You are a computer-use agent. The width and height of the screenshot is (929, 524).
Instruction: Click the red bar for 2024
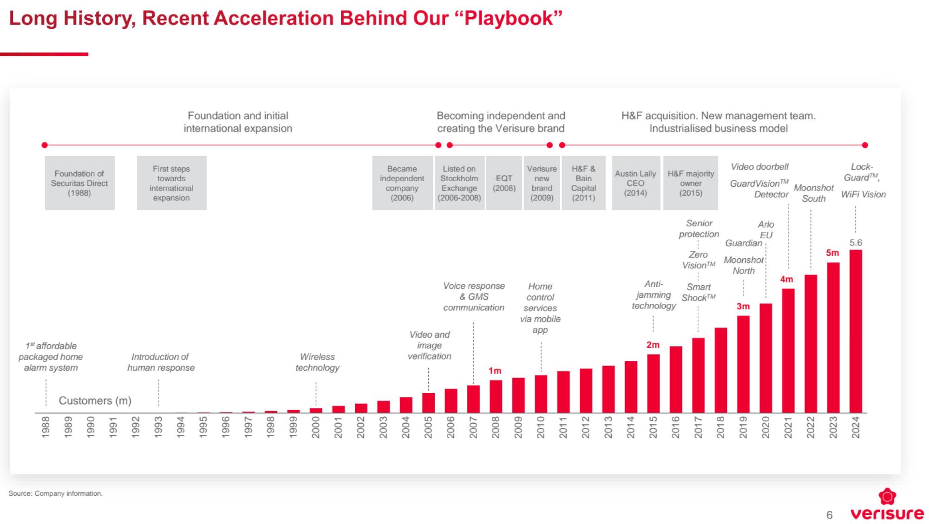pos(856,331)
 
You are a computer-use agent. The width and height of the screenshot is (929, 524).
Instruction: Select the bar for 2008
pos(496,396)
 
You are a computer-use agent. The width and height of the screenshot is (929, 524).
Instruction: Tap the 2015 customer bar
pos(653,383)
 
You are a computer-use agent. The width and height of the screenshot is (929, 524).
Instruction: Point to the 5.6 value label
pos(856,242)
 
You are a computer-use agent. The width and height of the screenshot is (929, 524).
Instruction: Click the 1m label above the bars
pos(495,371)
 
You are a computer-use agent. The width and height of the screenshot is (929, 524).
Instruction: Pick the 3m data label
pos(743,306)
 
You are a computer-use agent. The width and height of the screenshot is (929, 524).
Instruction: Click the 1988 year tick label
pos(46,426)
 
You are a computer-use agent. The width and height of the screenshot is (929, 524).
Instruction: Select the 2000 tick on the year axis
pos(316,426)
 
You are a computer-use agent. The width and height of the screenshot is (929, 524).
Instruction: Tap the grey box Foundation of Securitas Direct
pos(80,183)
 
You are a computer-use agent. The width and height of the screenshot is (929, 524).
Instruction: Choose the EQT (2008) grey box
pos(504,183)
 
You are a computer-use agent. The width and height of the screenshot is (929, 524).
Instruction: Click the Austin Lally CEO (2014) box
pos(635,183)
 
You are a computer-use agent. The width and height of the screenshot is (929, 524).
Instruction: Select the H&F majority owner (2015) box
pos(691,183)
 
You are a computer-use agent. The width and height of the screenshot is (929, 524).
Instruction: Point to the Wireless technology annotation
pos(318,362)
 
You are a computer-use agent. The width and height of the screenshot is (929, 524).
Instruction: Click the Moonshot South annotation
pos(814,193)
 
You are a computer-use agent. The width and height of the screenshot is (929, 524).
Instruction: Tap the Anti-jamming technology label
pos(654,295)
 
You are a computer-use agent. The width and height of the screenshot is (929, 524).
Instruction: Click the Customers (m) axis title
pos(95,400)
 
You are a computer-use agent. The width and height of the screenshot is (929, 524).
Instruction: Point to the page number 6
pos(829,515)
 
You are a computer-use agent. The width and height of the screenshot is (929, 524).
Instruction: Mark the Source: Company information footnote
pos(56,493)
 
